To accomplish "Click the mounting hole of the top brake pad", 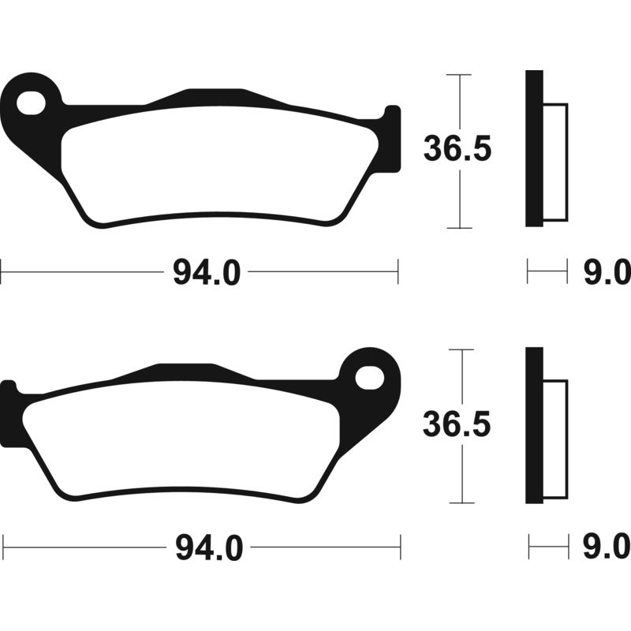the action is pos(31,103).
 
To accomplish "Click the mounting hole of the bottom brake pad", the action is pos(370,378).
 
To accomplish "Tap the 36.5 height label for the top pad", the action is pos(457,149).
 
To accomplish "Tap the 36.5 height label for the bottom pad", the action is pos(457,424).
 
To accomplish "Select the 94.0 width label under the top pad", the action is pos(207,272).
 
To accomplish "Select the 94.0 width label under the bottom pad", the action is pos(209,548).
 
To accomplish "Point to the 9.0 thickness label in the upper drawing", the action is pos(607,272).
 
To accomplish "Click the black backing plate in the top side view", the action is pos(535,148).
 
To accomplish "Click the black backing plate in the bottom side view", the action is pos(535,425).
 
